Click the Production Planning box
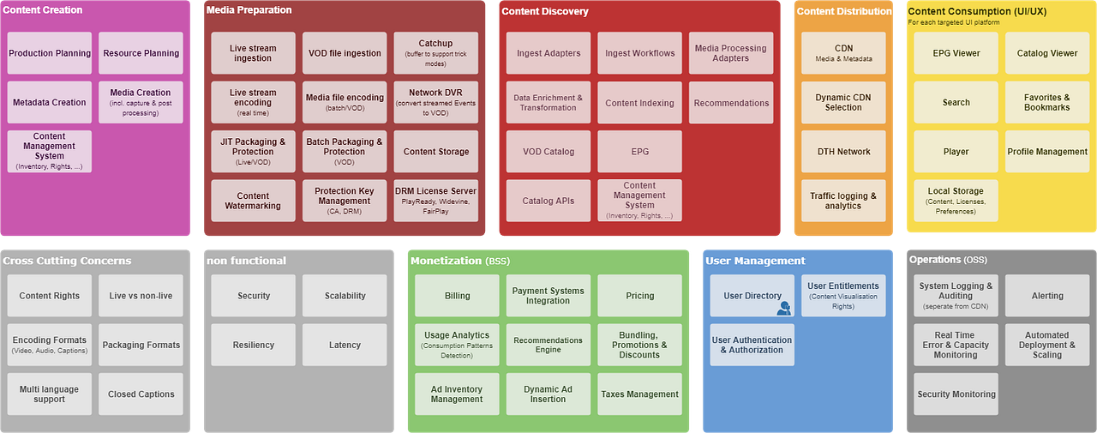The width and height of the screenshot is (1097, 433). tap(50, 53)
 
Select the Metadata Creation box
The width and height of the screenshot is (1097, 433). tap(50, 102)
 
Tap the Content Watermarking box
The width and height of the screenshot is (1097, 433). tap(253, 201)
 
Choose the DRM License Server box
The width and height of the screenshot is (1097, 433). tap(435, 201)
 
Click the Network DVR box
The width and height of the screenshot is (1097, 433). tap(435, 102)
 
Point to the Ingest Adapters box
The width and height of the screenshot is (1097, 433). tap(548, 53)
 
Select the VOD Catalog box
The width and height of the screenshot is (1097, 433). tap(548, 152)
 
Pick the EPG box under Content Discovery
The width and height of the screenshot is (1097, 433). tap(639, 152)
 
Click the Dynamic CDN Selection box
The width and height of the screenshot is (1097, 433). tap(843, 102)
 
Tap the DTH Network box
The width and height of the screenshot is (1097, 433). tap(843, 152)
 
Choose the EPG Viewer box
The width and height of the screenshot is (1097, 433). tap(956, 53)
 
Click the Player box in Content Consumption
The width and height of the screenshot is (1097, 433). tap(956, 152)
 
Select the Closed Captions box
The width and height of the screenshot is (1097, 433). tap(141, 394)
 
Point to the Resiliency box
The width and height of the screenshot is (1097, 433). tap(254, 345)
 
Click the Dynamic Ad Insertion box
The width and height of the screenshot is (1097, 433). tap(548, 394)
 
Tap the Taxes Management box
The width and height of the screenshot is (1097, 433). tap(639, 394)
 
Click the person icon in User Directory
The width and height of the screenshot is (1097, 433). tap(783, 308)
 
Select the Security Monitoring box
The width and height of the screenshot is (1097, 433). tap(956, 394)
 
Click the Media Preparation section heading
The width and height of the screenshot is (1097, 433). tap(249, 10)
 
